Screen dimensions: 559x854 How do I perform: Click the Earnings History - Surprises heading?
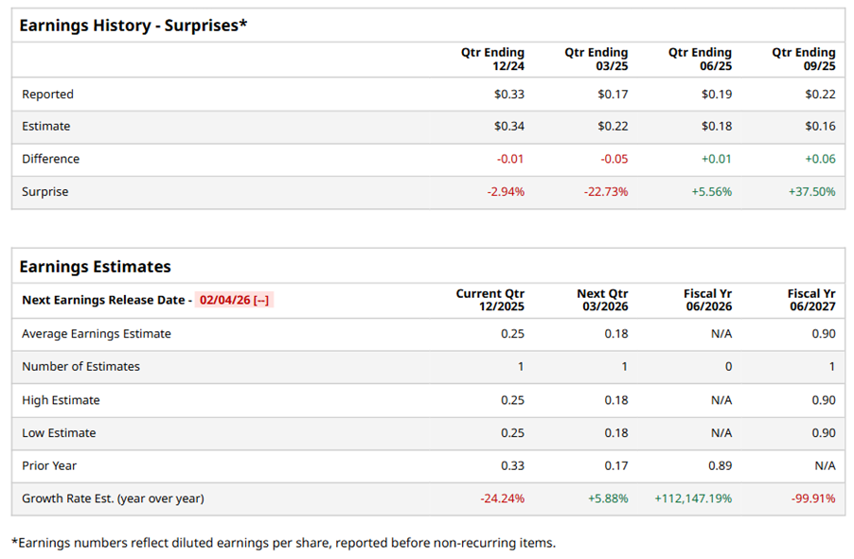(133, 26)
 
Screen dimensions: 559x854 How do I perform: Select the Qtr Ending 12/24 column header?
(492, 59)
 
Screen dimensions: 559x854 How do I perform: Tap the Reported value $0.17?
(613, 95)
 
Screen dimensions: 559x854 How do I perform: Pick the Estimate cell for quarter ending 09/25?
(820, 127)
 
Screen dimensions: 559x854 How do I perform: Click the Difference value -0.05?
(614, 159)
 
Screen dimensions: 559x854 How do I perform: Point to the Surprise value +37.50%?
(811, 192)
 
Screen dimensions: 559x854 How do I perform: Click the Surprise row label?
(45, 192)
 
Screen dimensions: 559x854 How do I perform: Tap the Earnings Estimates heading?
(95, 267)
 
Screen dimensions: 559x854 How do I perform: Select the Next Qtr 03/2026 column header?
(602, 300)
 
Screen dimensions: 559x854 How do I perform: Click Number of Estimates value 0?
(727, 367)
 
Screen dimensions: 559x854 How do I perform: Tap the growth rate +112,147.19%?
(692, 498)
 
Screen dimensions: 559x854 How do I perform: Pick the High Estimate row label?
(61, 400)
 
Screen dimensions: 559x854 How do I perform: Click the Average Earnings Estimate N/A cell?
(721, 334)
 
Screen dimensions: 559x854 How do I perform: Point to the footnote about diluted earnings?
(283, 543)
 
